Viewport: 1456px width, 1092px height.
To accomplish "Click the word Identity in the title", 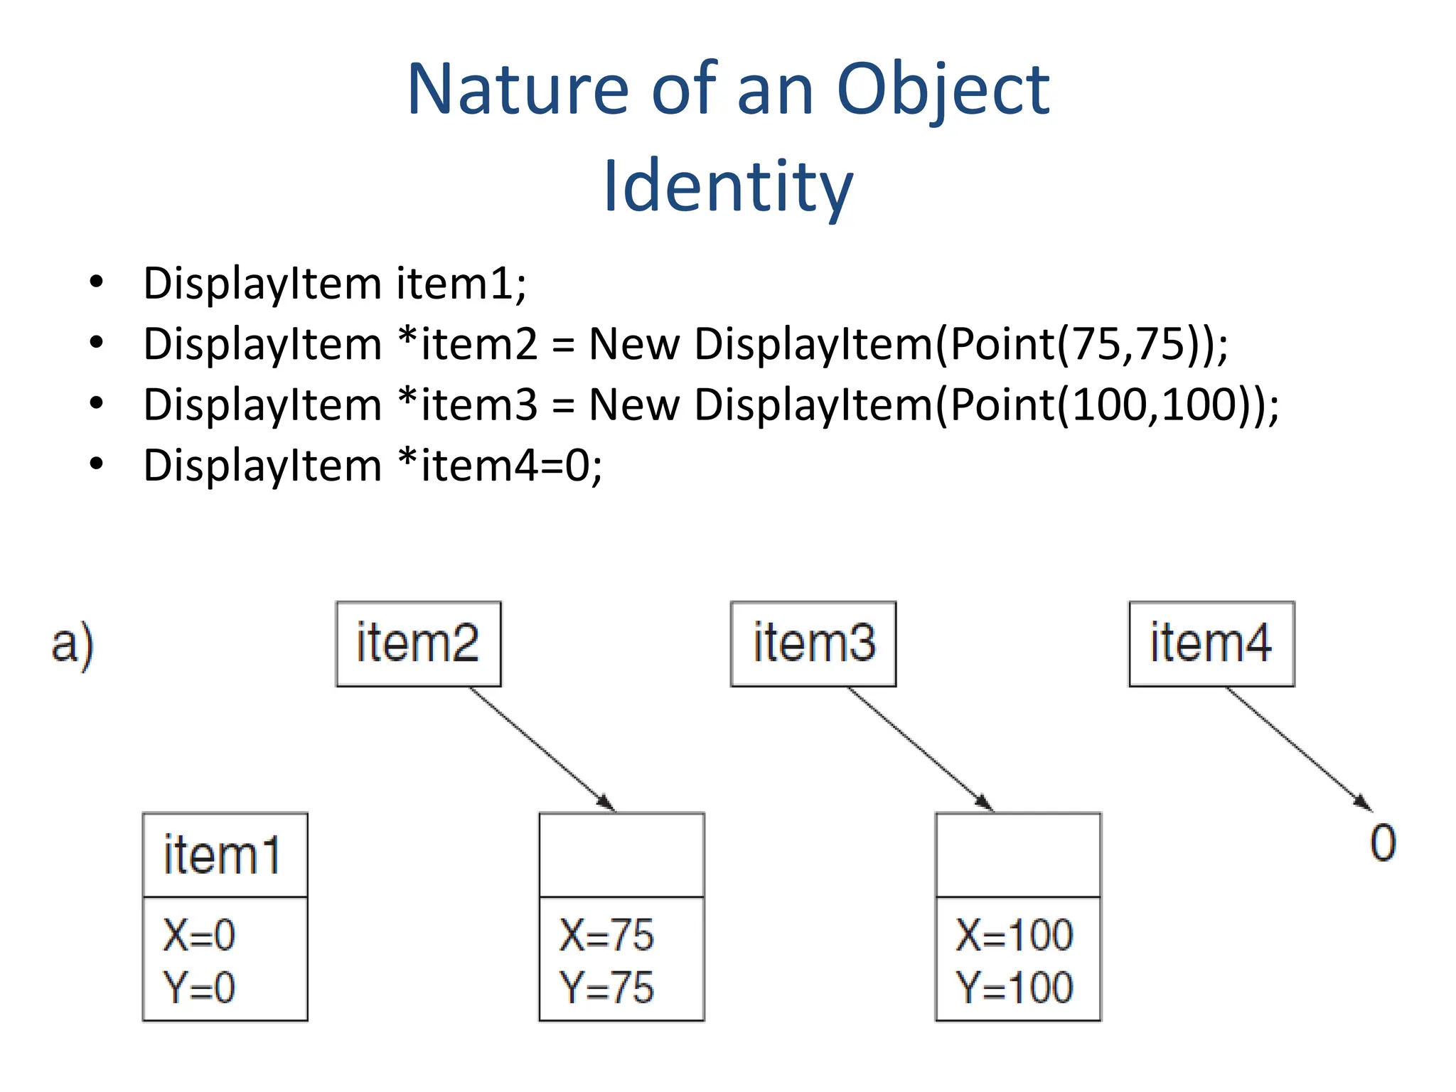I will [727, 186].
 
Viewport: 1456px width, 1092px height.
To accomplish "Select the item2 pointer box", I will [418, 643].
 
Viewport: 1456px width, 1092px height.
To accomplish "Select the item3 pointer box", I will [813, 643].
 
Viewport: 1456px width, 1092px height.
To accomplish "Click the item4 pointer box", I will [1211, 643].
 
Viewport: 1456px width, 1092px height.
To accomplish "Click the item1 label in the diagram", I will [223, 855].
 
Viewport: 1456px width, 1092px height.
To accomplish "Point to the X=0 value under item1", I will [199, 935].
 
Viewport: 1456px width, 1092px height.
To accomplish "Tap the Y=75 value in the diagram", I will [606, 987].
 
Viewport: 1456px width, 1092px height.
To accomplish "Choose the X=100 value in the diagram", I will [1014, 935].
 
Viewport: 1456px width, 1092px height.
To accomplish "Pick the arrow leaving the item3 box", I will [920, 749].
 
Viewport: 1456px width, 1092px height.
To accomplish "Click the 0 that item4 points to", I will [1383, 844].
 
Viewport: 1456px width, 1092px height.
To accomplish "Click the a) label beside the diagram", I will [73, 644].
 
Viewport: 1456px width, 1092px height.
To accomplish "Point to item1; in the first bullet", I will [461, 284].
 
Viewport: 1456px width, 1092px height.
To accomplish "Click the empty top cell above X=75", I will [621, 855].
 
